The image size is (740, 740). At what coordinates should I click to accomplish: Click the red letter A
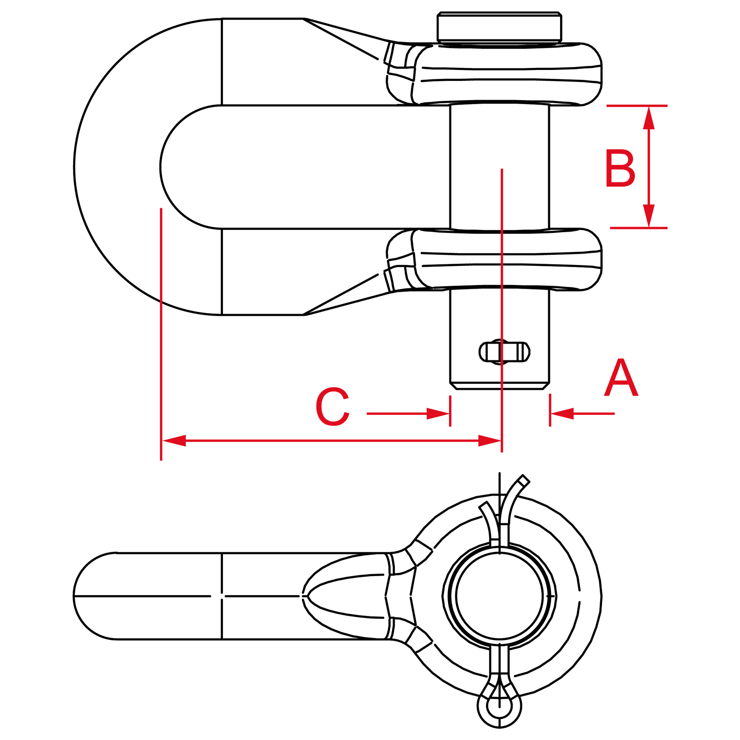(621, 378)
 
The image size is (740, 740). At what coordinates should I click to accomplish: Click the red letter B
(620, 168)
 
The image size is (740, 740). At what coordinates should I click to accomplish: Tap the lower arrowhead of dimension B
(649, 216)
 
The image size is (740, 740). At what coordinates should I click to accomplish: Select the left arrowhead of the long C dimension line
(174, 441)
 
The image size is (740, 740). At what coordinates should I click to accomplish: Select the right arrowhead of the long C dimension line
(490, 441)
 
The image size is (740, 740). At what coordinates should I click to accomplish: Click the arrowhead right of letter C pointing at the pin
(438, 414)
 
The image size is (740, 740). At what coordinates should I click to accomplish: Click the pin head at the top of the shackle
(499, 27)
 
